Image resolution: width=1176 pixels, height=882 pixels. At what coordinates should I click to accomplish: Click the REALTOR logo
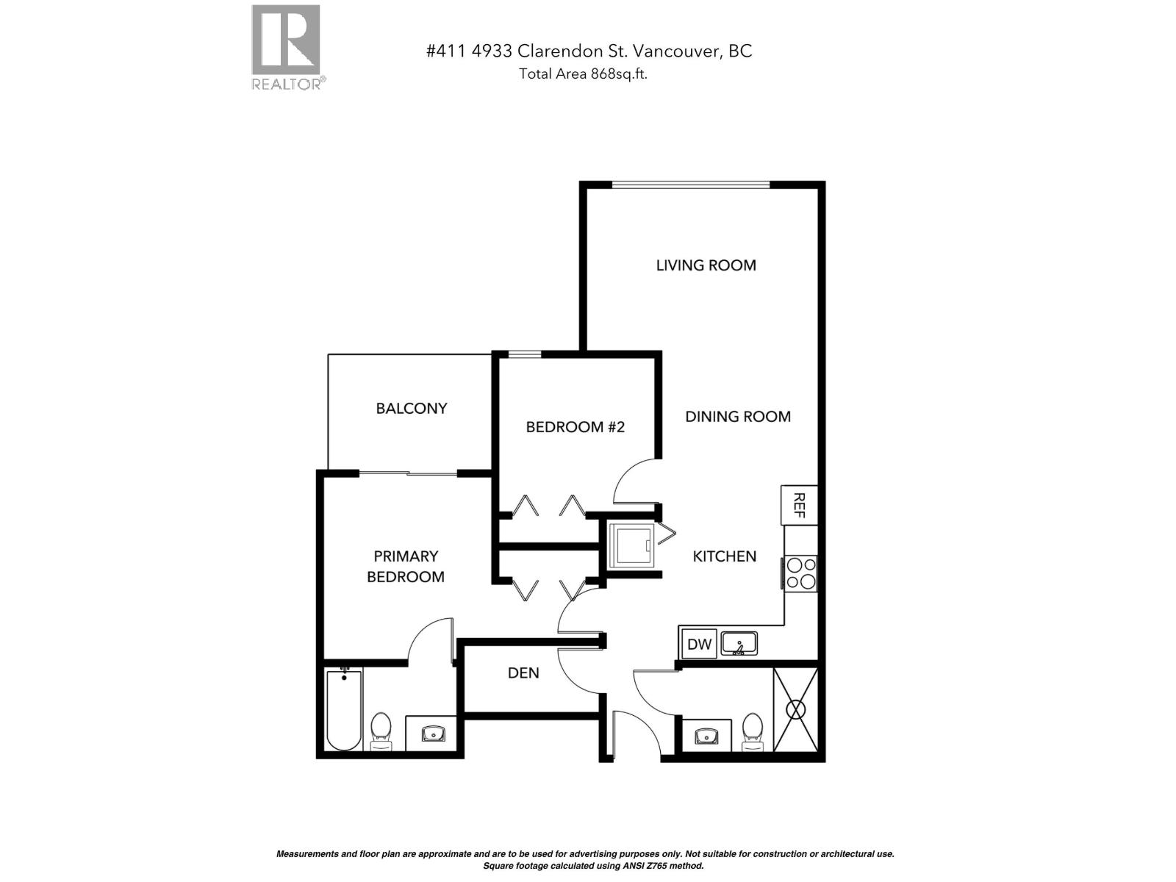pos(287,46)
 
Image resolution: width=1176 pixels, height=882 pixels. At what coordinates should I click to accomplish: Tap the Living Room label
pos(706,265)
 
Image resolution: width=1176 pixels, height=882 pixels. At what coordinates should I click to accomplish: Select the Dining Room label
pos(738,417)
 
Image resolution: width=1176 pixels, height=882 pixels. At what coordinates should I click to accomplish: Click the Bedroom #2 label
pos(575,427)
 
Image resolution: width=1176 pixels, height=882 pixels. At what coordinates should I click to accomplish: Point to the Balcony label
pos(411,409)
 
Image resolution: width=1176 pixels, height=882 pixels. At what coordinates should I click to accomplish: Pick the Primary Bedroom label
pos(406,567)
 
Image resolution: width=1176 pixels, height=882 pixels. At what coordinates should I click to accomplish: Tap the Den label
pos(523,673)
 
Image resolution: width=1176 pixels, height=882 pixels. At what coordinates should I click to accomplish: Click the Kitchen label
pos(724,556)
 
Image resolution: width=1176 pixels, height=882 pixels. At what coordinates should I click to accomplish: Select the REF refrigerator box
pos(799,505)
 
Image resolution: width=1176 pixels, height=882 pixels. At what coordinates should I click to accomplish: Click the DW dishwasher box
pos(699,645)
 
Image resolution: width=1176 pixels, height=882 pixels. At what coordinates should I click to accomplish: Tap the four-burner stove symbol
pos(800,573)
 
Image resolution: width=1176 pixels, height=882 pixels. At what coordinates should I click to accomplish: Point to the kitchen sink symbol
pos(739,645)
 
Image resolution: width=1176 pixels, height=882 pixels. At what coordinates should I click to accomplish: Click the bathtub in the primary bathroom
pos(344,709)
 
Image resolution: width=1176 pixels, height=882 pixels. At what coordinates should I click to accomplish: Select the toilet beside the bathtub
pos(381,731)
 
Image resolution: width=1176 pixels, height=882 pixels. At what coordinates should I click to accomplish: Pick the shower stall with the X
pos(795,710)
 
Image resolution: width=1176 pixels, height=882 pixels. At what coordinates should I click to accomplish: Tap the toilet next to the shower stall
pos(752,731)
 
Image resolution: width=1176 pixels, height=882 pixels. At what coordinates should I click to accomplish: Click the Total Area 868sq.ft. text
pos(583,73)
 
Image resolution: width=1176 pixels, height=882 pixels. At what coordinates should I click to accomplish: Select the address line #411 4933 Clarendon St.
pos(589,51)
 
